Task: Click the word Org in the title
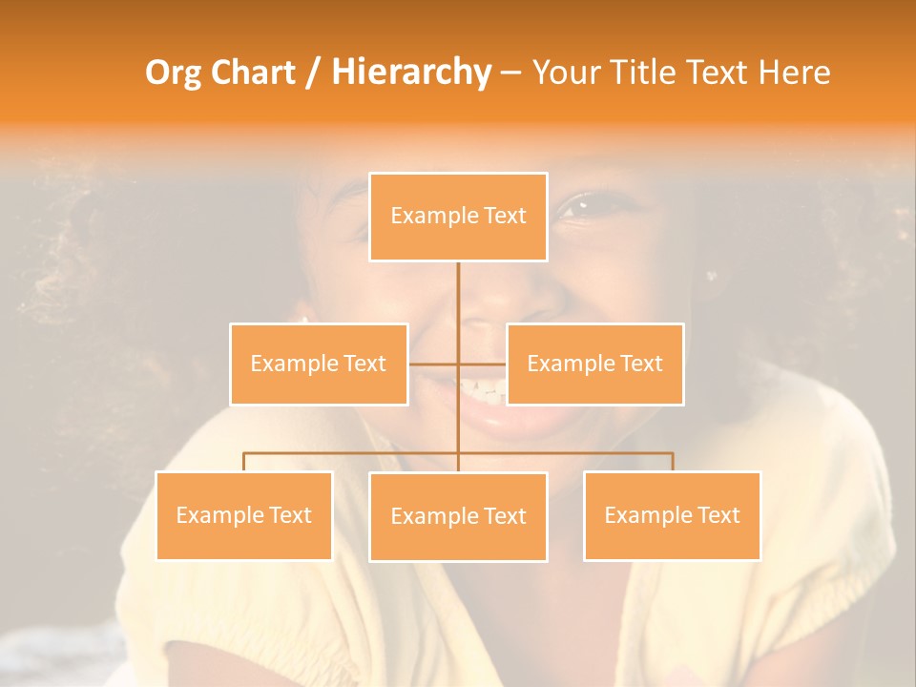tap(174, 73)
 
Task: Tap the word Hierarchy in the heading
tap(411, 73)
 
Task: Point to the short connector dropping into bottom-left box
tap(243, 462)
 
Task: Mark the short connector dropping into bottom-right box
tap(673, 462)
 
